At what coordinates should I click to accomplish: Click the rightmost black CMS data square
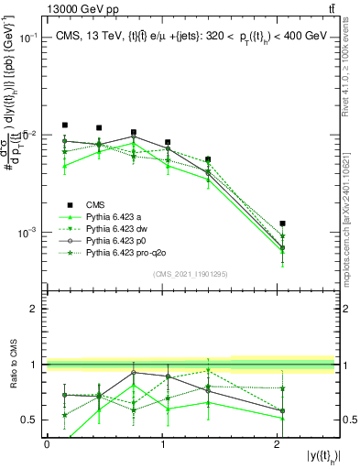(283, 223)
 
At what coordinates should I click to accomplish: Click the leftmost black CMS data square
(65, 125)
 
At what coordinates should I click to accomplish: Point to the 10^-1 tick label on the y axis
(29, 38)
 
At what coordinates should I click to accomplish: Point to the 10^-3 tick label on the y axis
(29, 233)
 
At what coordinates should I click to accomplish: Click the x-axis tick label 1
(162, 443)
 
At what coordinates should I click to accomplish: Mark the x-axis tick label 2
(277, 443)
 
